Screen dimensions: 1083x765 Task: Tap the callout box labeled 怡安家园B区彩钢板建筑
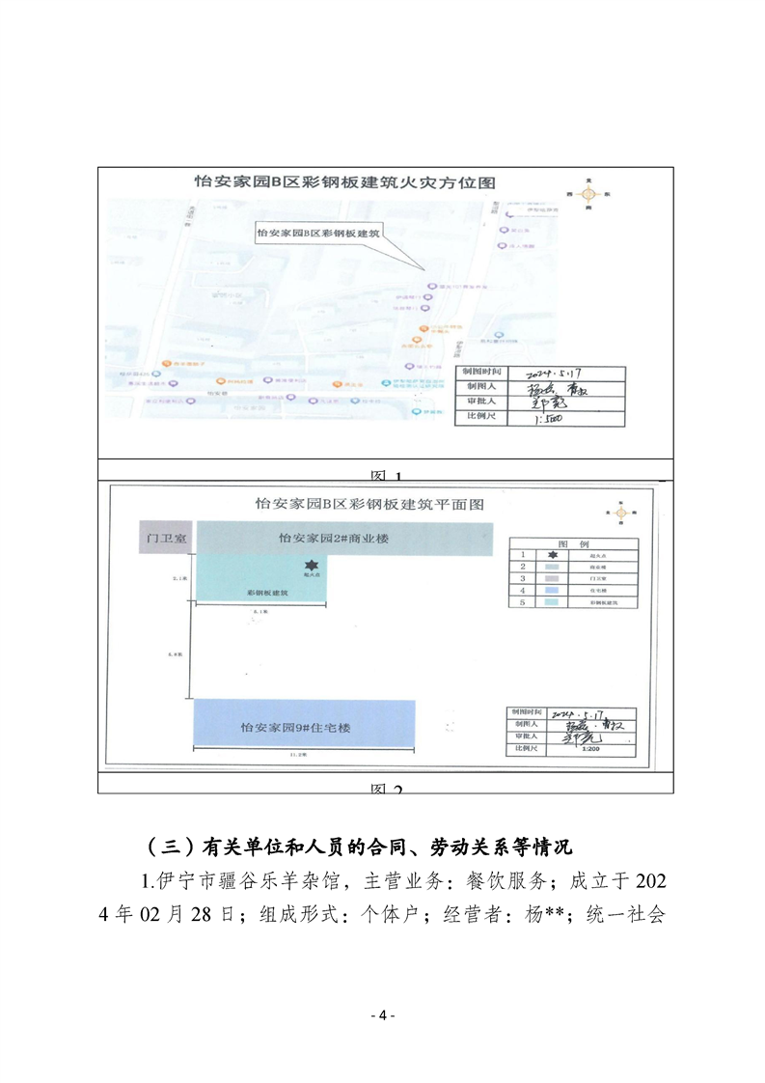[319, 234]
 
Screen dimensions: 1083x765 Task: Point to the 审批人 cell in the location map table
[475, 402]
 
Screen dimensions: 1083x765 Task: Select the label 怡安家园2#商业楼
[333, 538]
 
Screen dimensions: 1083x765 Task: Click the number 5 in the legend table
[522, 602]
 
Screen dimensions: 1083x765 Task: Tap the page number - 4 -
[383, 1014]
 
